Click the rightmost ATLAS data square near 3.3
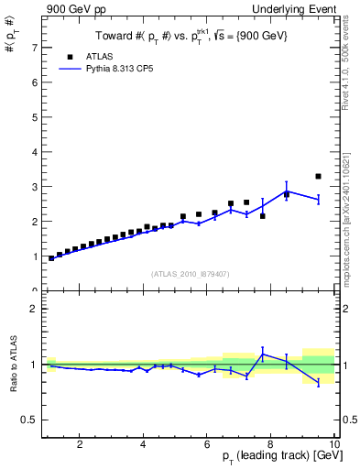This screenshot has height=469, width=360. coord(318,176)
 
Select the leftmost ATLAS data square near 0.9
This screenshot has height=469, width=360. coord(51,258)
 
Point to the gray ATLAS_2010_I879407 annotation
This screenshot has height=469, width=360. coord(190,274)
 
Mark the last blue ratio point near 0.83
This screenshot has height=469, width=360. coord(318,382)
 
